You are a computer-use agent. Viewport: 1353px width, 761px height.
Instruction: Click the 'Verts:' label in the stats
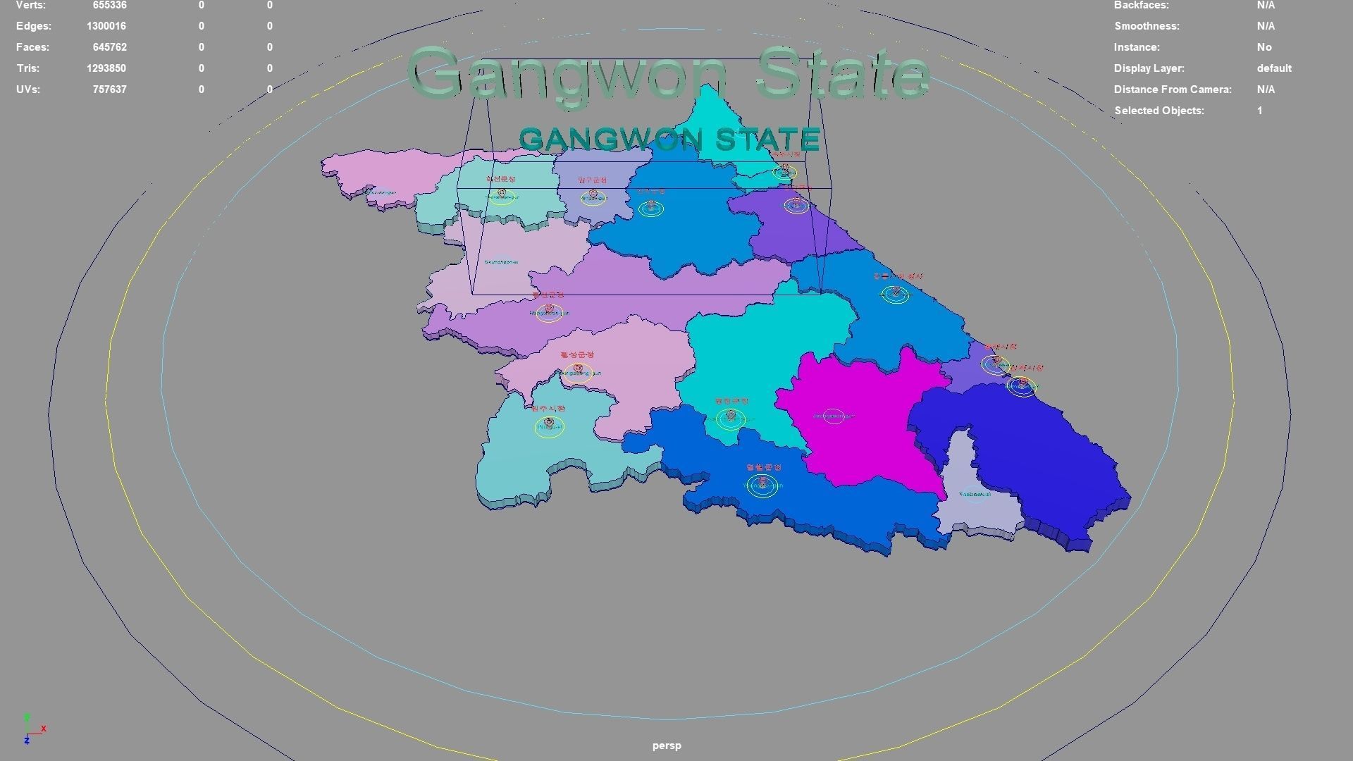point(30,5)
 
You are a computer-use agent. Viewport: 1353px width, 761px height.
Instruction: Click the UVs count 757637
point(109,89)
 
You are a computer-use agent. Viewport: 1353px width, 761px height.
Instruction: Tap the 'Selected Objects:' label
point(1159,111)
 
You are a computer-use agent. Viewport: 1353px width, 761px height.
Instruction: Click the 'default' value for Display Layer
point(1273,68)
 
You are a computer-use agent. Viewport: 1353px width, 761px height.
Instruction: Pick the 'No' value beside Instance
point(1264,47)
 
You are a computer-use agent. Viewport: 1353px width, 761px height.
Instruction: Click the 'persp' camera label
point(666,745)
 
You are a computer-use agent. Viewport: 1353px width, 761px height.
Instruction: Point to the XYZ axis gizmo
point(32,729)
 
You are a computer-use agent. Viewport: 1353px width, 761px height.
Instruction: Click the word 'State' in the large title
point(843,74)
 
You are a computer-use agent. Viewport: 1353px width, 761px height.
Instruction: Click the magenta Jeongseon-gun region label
point(834,416)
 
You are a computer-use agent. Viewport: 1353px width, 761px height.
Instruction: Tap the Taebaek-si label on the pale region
point(975,495)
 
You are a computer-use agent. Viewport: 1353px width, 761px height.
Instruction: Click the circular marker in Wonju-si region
point(549,426)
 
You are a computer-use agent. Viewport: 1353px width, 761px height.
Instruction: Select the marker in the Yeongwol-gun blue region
point(762,485)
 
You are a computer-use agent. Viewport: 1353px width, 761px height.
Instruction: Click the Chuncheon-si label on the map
point(501,262)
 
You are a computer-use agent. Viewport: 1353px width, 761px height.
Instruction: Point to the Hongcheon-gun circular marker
point(549,312)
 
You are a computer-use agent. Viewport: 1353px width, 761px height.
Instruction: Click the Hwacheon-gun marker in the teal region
point(502,194)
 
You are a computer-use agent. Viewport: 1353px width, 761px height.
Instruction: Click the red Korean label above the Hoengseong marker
point(577,355)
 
